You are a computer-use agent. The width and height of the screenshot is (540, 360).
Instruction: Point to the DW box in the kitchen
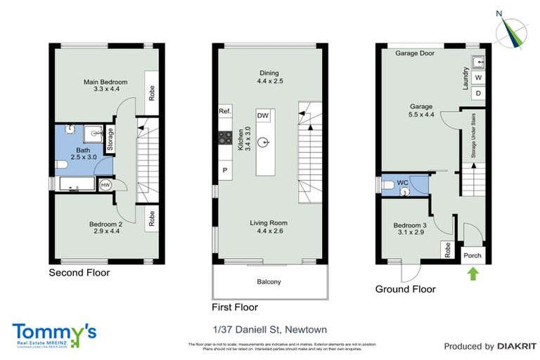tap(262, 115)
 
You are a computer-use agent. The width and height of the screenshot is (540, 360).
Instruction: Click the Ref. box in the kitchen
tap(225, 111)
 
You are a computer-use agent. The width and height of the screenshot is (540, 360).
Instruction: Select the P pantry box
tap(225, 170)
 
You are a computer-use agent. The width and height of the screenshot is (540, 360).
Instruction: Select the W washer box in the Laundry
tap(478, 77)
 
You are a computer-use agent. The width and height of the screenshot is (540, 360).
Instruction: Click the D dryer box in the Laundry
tap(478, 93)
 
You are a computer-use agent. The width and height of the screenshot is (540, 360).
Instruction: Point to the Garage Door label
tap(414, 53)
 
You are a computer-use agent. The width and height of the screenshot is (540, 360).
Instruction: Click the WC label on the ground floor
tap(402, 183)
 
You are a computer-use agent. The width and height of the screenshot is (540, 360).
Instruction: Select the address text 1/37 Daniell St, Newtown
tap(269, 330)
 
